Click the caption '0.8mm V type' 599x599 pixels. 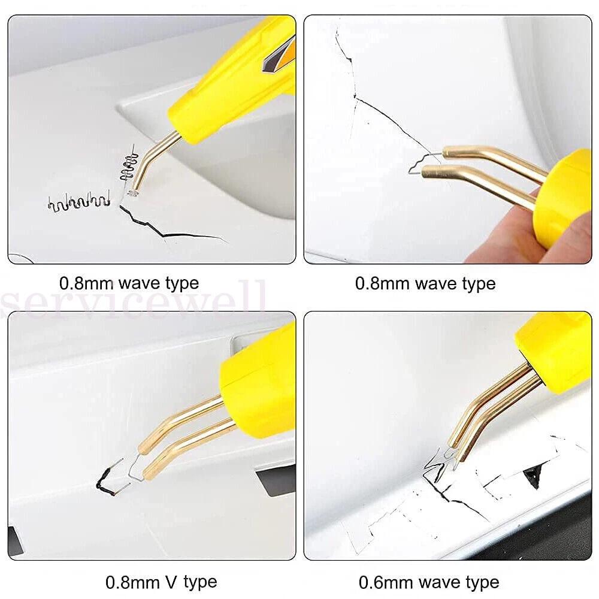(161, 582)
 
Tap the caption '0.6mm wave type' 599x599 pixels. (429, 582)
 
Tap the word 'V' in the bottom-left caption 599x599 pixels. (171, 582)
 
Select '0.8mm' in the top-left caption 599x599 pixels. (87, 283)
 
